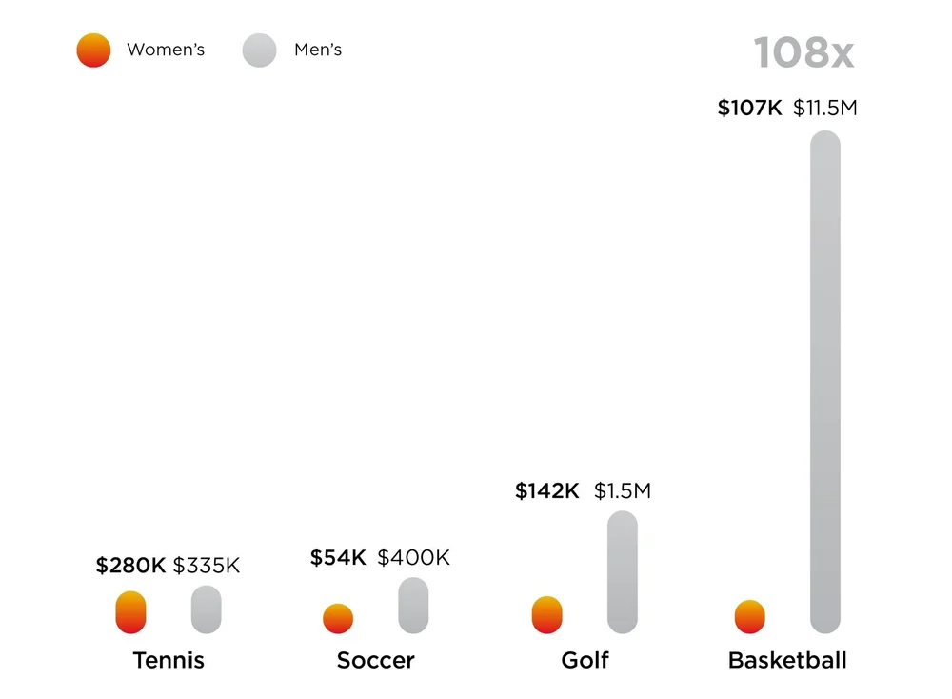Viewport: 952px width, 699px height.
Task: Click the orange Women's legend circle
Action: click(93, 50)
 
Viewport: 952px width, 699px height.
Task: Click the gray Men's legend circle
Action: click(260, 50)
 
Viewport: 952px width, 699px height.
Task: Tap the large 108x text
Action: click(803, 53)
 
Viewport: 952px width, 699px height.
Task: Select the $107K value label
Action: click(749, 109)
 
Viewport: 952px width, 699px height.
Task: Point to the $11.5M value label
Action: click(825, 109)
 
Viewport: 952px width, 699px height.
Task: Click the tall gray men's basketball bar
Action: click(825, 381)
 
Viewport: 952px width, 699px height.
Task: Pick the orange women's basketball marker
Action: click(750, 617)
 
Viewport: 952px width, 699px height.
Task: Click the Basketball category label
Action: click(787, 661)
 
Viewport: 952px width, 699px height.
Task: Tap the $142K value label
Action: click(547, 491)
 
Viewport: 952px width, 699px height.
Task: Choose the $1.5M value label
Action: click(623, 491)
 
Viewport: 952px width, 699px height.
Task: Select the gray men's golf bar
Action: click(623, 571)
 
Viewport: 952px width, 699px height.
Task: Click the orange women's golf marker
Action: click(547, 615)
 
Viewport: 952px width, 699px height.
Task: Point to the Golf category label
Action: click(585, 661)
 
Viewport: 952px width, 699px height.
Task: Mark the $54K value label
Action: click(338, 558)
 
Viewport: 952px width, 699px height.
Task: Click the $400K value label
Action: click(413, 558)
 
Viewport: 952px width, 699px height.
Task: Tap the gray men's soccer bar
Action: click(413, 606)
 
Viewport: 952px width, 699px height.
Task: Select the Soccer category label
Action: click(376, 661)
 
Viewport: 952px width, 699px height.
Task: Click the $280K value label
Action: click(130, 566)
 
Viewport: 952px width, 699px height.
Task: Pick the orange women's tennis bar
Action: click(131, 612)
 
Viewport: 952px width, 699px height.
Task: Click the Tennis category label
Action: click(169, 661)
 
